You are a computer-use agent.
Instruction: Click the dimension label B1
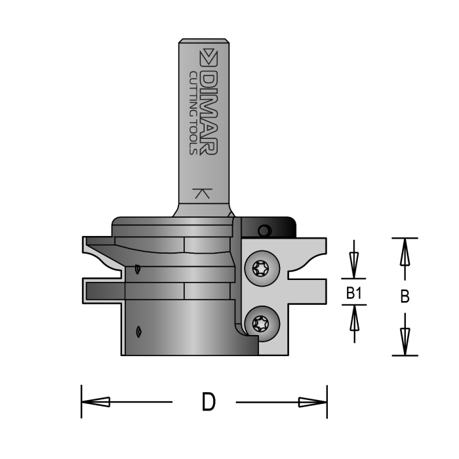pyautogui.click(x=354, y=294)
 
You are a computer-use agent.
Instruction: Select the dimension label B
pyautogui.click(x=405, y=297)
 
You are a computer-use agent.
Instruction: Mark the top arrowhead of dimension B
pyautogui.click(x=405, y=250)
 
